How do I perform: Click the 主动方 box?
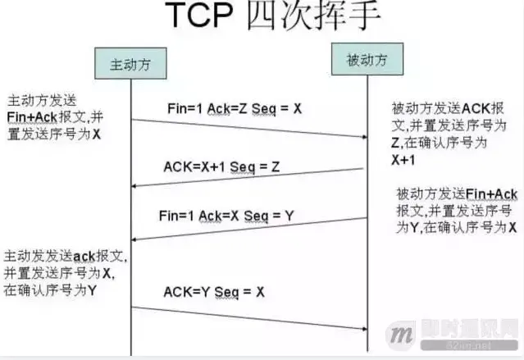pyautogui.click(x=130, y=64)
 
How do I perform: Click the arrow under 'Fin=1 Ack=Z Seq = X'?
pyautogui.click(x=246, y=133)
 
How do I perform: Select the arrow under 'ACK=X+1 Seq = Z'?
pyautogui.click(x=246, y=178)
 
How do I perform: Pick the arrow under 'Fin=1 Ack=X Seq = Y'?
pyautogui.click(x=246, y=229)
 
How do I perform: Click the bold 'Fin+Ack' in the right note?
pyautogui.click(x=491, y=194)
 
